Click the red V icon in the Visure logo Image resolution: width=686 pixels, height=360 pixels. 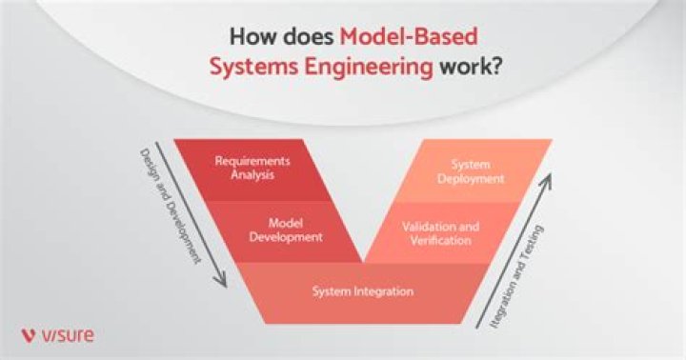(x=29, y=334)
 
